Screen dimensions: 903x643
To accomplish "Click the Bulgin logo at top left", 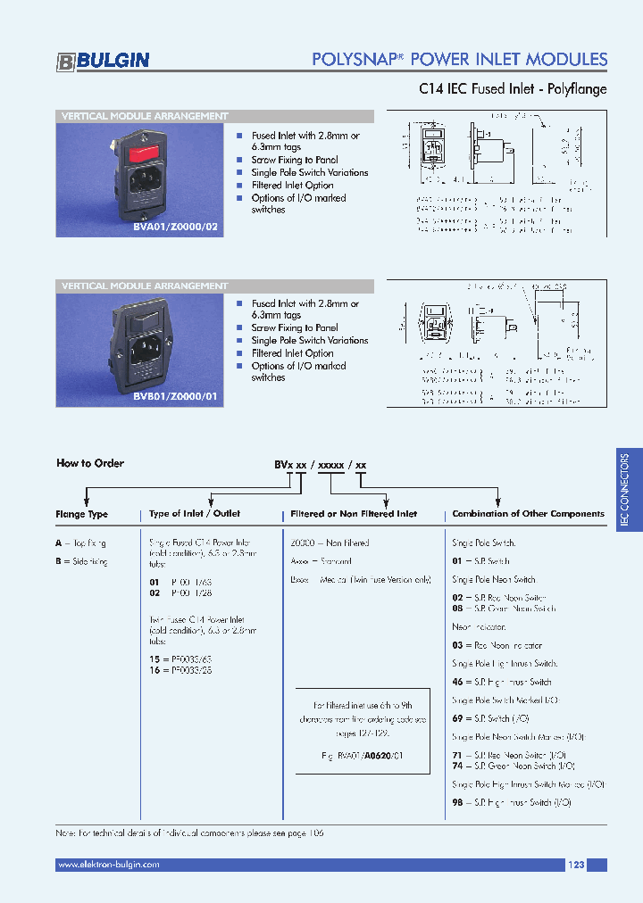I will click(103, 61).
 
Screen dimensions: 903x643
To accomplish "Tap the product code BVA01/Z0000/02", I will click(175, 227).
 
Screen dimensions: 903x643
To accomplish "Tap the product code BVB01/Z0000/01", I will click(175, 394).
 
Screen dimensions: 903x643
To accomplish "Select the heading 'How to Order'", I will click(90, 463).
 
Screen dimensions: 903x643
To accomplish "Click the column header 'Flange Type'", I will click(81, 514).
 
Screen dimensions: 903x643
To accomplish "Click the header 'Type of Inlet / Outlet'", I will click(194, 514).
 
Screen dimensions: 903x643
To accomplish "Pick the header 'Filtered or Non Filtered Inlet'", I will click(355, 514).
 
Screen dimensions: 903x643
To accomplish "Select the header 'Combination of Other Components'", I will click(528, 514).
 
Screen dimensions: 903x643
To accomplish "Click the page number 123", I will click(576, 865).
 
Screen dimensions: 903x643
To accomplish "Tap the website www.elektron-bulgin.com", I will click(108, 865).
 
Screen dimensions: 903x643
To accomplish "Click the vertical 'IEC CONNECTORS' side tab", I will click(627, 491).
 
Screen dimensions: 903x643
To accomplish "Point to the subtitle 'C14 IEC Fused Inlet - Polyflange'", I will click(513, 89).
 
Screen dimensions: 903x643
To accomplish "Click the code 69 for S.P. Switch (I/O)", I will click(457, 718).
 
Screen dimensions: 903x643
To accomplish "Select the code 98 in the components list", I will click(457, 803).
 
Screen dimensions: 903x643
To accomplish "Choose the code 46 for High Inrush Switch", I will click(457, 682).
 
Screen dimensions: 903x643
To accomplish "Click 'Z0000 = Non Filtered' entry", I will click(330, 543).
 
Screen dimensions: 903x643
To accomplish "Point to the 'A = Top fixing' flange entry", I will click(81, 543).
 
